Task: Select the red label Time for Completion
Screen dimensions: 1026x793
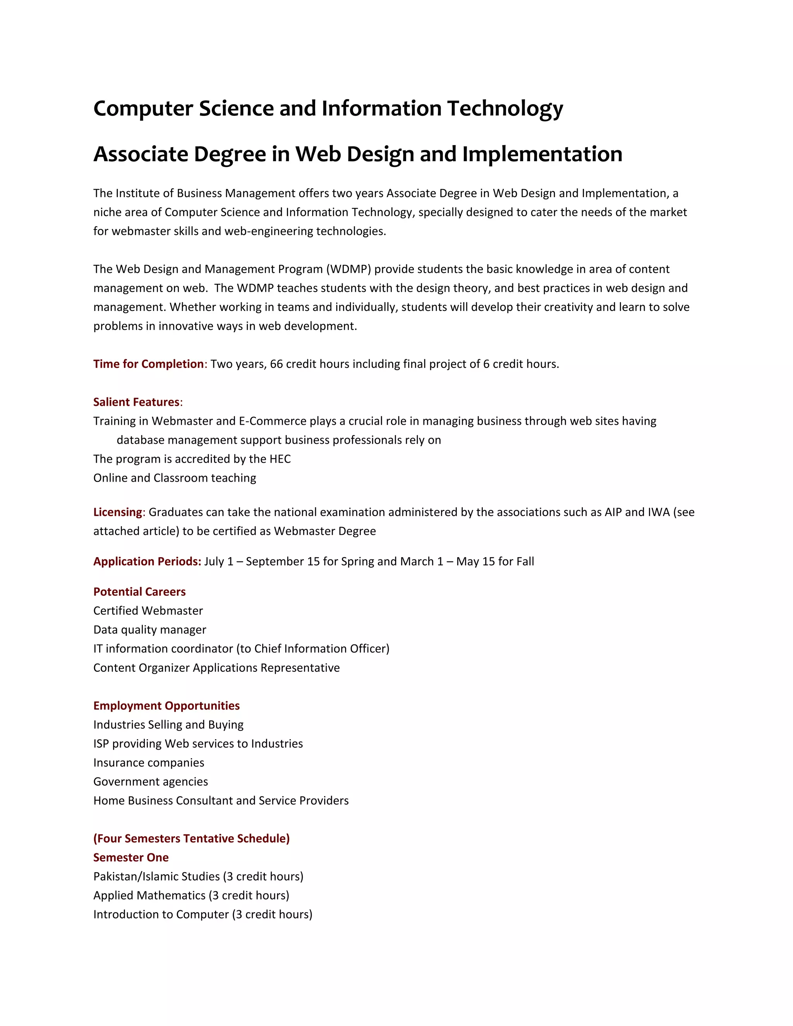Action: (148, 364)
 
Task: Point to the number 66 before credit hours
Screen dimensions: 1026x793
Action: (276, 364)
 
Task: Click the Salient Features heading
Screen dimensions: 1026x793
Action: (136, 402)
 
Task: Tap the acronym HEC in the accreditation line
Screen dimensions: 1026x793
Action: (280, 459)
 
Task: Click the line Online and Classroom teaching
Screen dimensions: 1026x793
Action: (175, 478)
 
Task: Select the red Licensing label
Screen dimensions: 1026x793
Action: (117, 512)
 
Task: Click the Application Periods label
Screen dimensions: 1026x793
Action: (147, 561)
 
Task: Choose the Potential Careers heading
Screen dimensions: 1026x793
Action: (139, 592)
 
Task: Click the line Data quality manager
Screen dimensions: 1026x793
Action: (150, 630)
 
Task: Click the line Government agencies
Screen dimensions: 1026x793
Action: (151, 782)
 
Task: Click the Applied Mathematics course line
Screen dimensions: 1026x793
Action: (191, 896)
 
